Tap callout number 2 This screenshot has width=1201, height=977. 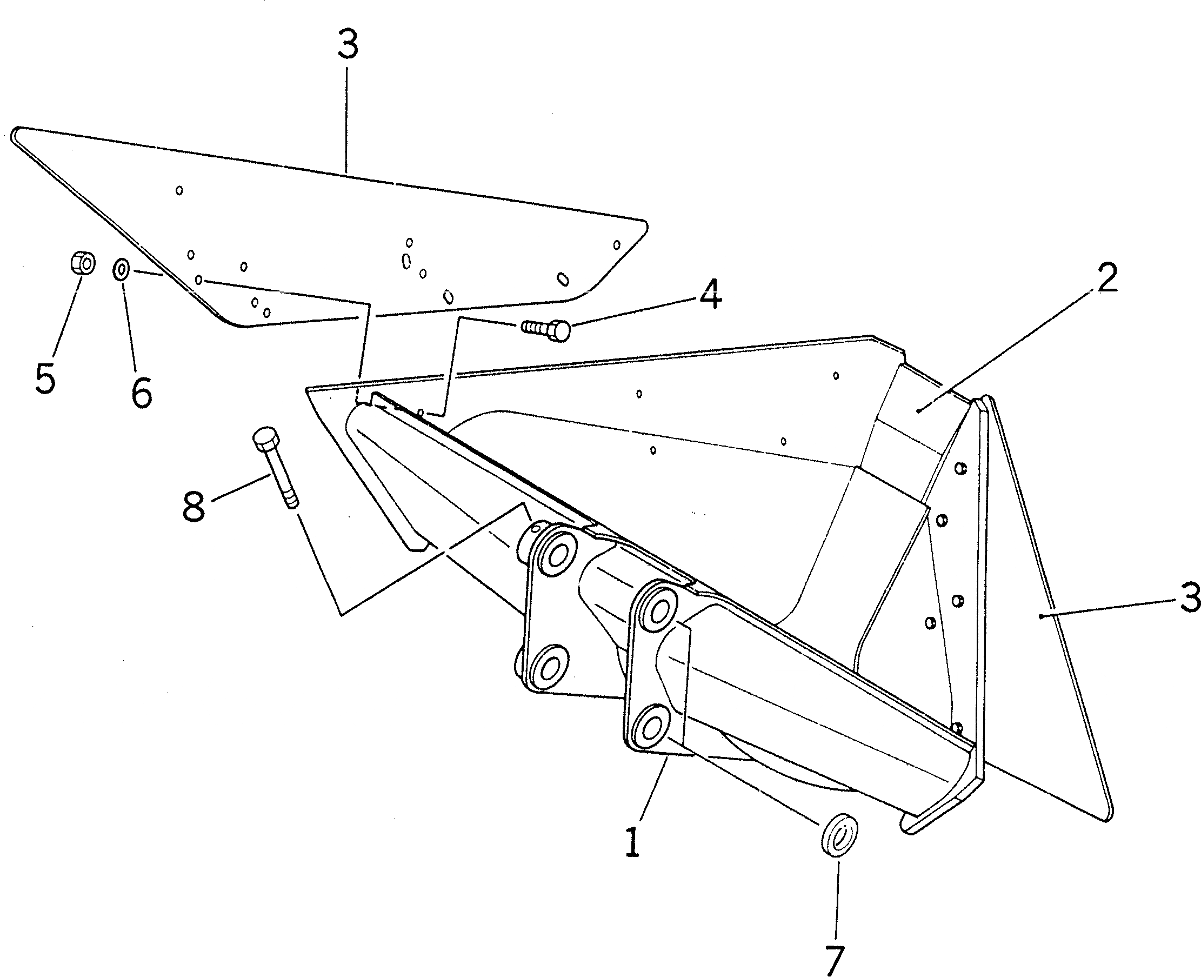1106,278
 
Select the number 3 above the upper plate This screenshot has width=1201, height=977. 348,45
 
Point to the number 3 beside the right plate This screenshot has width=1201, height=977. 1189,597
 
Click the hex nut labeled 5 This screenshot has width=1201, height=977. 83,263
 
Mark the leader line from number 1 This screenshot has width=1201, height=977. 652,788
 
